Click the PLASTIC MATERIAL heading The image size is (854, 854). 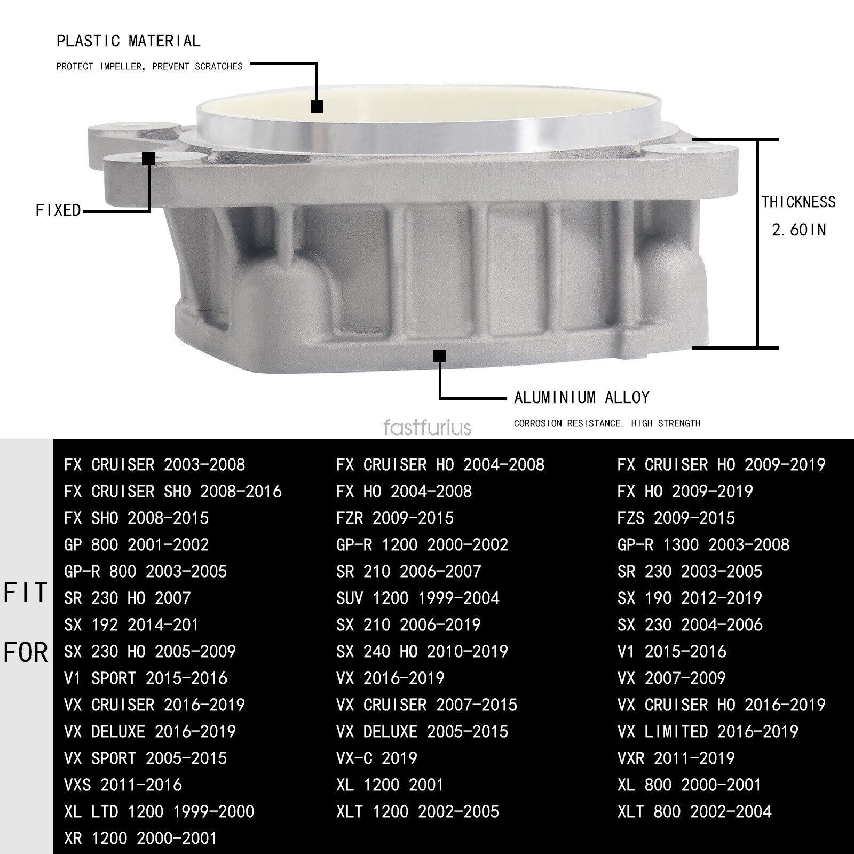click(128, 41)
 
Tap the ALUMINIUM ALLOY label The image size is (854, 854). click(581, 398)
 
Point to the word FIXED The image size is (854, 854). click(58, 210)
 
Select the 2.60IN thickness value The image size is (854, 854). click(798, 230)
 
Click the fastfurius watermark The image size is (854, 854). click(427, 428)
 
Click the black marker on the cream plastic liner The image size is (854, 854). click(317, 106)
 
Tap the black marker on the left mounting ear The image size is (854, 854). click(148, 159)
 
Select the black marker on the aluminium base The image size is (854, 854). click(439, 356)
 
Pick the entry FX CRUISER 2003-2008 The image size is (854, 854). click(154, 465)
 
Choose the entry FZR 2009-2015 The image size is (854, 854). click(395, 518)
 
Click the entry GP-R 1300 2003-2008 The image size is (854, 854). click(703, 545)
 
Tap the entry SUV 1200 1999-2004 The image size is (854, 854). click(417, 598)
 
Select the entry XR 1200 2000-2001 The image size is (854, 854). click(140, 839)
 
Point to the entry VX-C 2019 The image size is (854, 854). click(376, 758)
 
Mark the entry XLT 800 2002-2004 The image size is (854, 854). click(694, 812)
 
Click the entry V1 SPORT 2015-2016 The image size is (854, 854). click(145, 678)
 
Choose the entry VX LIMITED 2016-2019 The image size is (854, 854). click(708, 732)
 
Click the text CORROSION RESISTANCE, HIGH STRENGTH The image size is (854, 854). click(607, 424)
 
